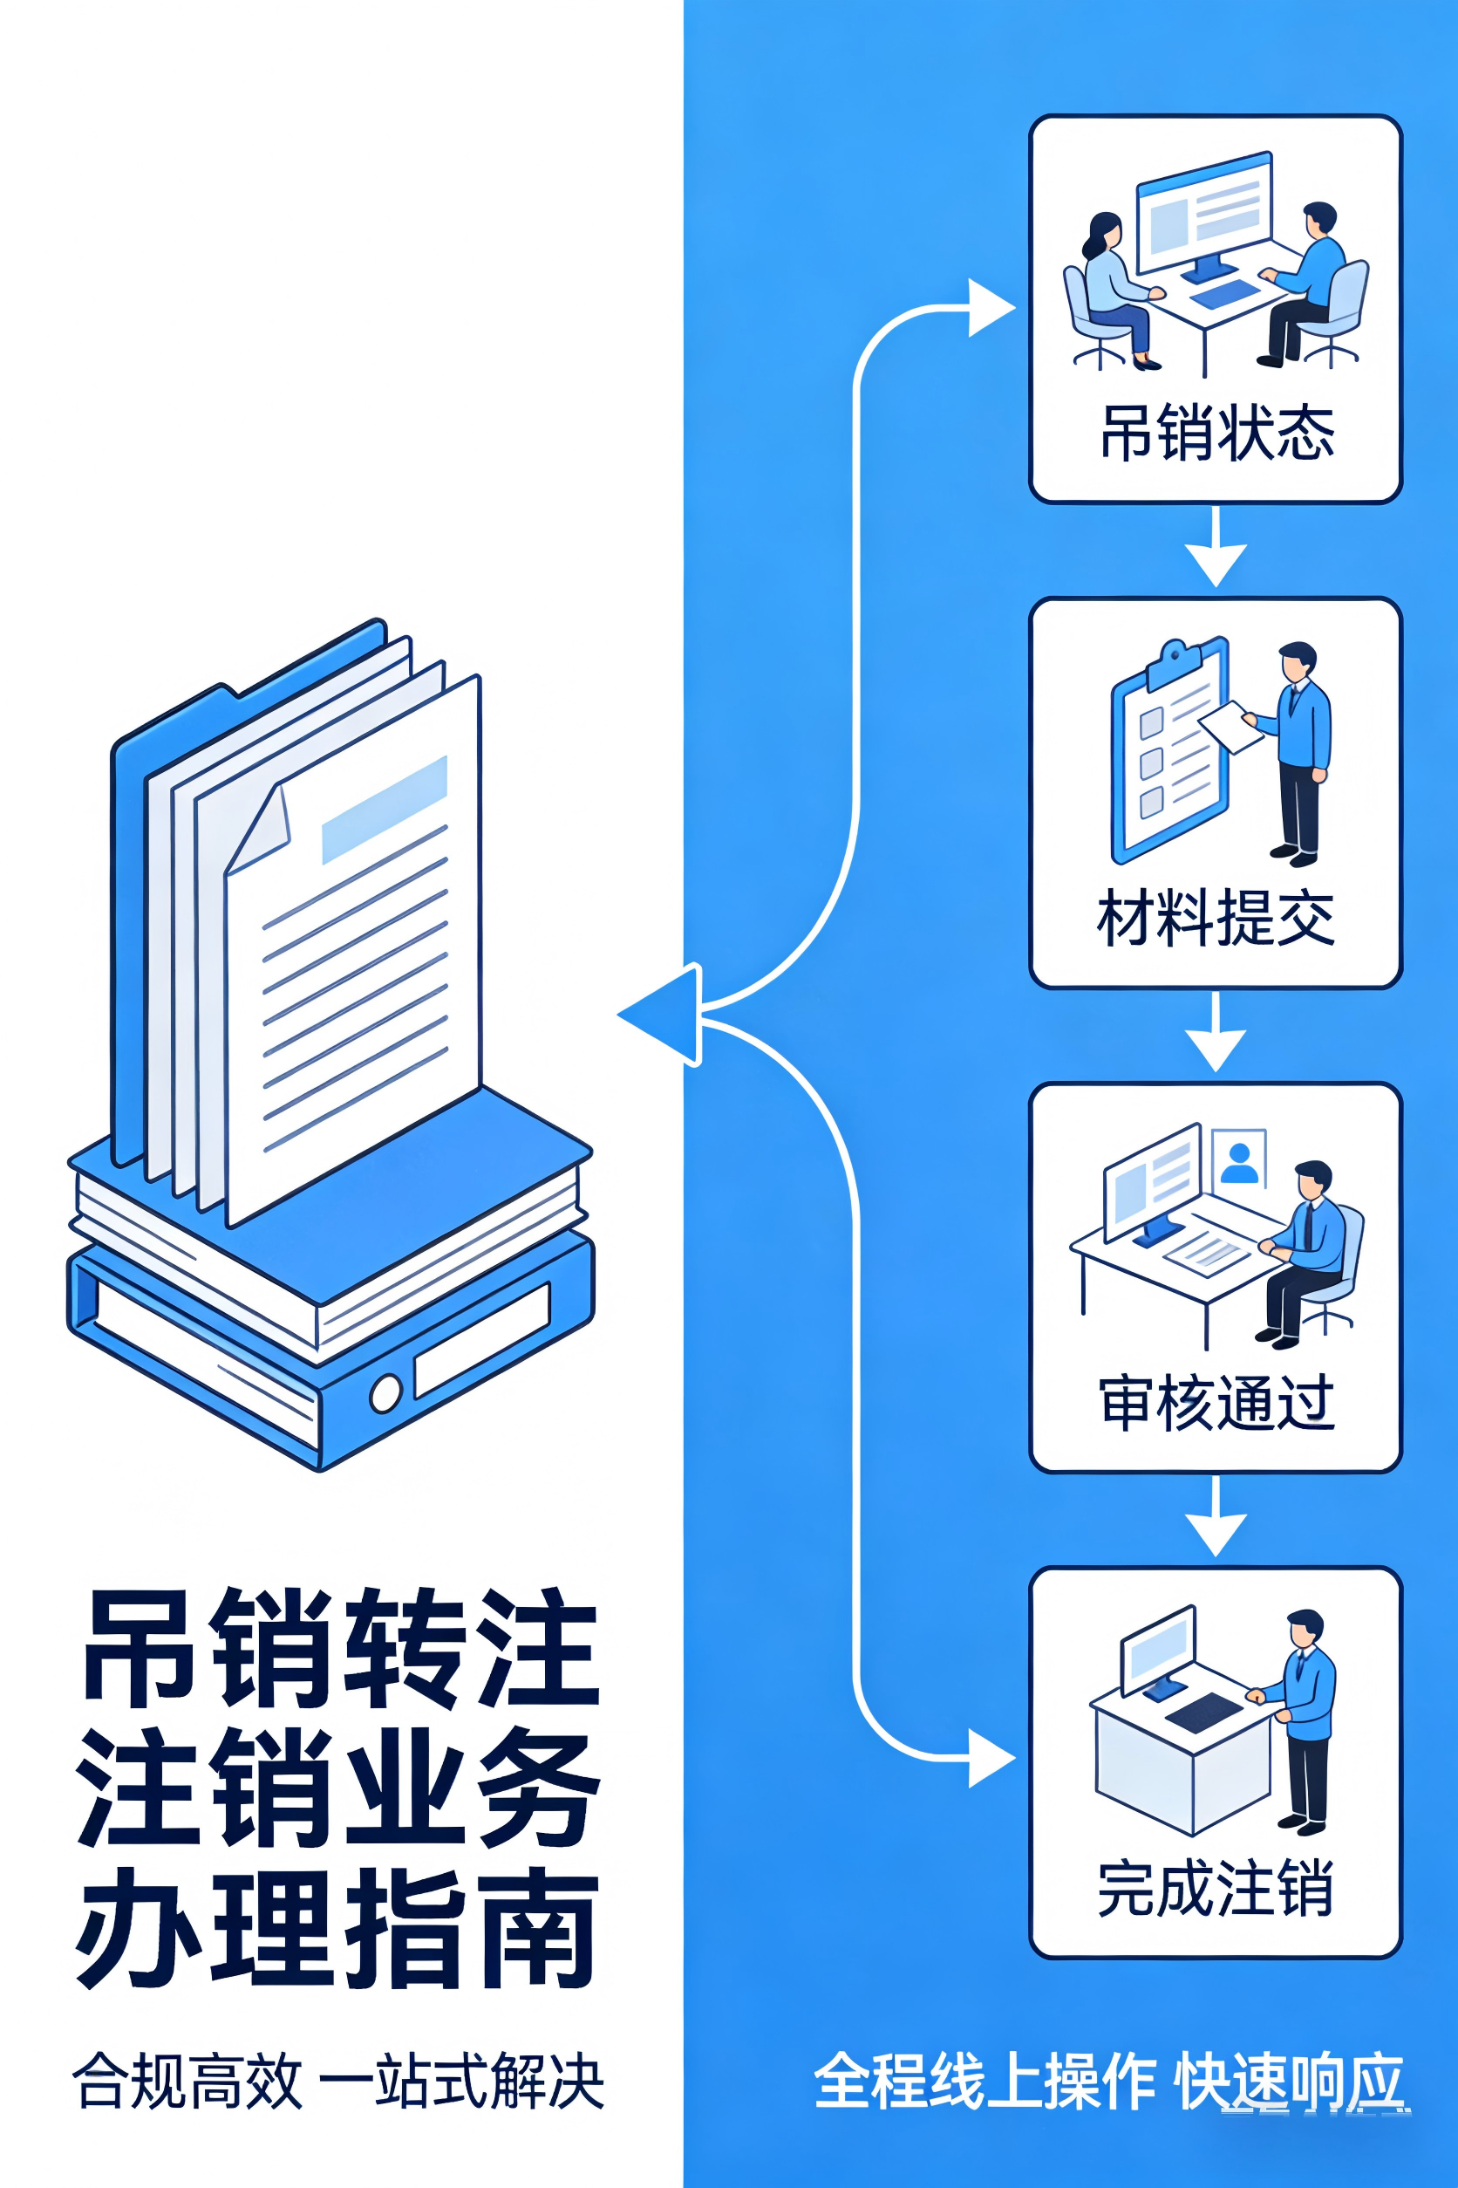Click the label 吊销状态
[x=1216, y=434]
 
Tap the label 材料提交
[x=1216, y=917]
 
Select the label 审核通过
[x=1216, y=1403]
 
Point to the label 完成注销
[x=1216, y=1889]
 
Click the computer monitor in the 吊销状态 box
[x=1204, y=213]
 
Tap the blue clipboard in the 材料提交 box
[x=1169, y=752]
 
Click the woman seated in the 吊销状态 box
[x=1112, y=284]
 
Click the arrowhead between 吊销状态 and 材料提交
[x=1216, y=564]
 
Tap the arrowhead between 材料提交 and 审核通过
[x=1216, y=1050]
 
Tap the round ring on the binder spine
[x=385, y=1392]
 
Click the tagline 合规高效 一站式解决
[x=338, y=2080]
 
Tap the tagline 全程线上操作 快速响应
[x=1108, y=2080]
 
